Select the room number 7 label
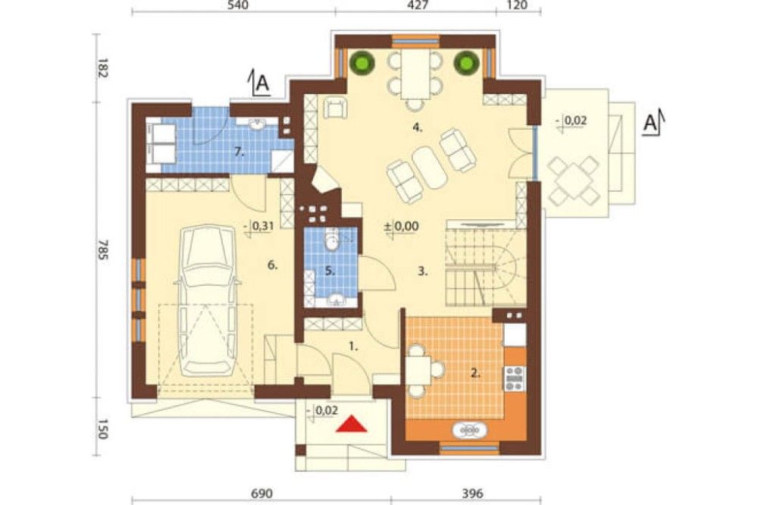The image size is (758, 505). (238, 152)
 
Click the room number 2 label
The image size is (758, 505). (476, 372)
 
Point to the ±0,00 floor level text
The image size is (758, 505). (401, 226)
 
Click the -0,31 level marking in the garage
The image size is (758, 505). (260, 226)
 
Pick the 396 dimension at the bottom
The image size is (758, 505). (472, 494)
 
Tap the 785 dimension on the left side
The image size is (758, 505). (102, 249)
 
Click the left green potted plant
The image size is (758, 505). (362, 62)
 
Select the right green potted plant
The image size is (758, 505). (466, 62)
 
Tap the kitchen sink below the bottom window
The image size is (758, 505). (469, 430)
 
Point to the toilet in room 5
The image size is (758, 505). (332, 240)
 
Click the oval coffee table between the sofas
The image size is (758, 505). (429, 167)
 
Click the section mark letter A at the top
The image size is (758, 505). (262, 83)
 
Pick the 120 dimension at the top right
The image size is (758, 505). (518, 5)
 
